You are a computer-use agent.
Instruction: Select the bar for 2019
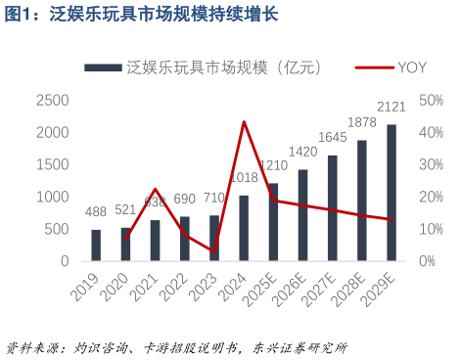pos(96,246)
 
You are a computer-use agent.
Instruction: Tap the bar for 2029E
pos(392,193)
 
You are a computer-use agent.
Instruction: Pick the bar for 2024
pos(244,228)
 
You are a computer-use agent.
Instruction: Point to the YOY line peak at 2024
pos(244,121)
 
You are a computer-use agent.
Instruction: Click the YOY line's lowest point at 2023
pos(214,251)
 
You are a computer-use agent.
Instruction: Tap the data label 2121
pos(392,106)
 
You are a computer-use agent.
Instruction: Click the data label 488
pos(96,211)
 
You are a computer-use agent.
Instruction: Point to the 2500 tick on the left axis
pos(53,100)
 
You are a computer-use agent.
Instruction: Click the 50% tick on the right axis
pos(432,100)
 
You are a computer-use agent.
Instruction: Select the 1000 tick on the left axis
pos(53,197)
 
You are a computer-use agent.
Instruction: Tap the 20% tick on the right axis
pos(432,197)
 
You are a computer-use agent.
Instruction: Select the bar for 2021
pos(156,241)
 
